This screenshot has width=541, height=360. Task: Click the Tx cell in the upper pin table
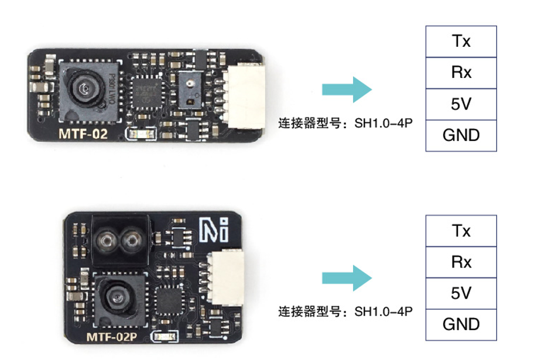(461, 42)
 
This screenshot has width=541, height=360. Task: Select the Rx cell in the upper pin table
(461, 73)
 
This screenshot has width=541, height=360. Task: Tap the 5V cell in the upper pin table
(461, 104)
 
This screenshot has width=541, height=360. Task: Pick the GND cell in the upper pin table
(461, 136)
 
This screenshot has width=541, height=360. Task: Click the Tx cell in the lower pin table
(461, 231)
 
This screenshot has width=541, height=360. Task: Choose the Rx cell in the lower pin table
(461, 262)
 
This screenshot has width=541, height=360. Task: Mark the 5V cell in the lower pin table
(461, 293)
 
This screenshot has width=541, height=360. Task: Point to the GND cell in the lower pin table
(461, 324)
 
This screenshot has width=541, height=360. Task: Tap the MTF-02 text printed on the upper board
(83, 134)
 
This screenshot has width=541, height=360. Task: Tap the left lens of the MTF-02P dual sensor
(108, 239)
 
